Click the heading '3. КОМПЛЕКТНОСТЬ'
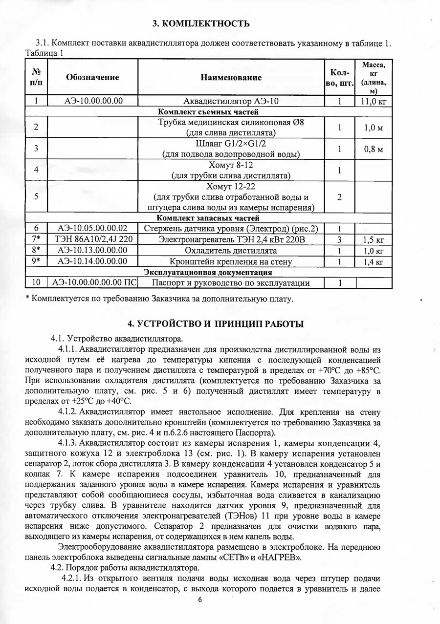201,23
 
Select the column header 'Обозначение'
92,77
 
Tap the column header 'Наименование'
231,77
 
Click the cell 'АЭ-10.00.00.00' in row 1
92,102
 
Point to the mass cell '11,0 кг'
374,102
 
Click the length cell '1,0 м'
374,128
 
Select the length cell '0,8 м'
374,149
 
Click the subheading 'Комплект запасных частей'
207,218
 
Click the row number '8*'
36,251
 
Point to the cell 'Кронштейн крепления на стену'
231,261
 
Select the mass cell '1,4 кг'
374,261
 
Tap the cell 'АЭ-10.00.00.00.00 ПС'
92,283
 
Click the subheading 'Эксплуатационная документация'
208,272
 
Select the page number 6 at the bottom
200,600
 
